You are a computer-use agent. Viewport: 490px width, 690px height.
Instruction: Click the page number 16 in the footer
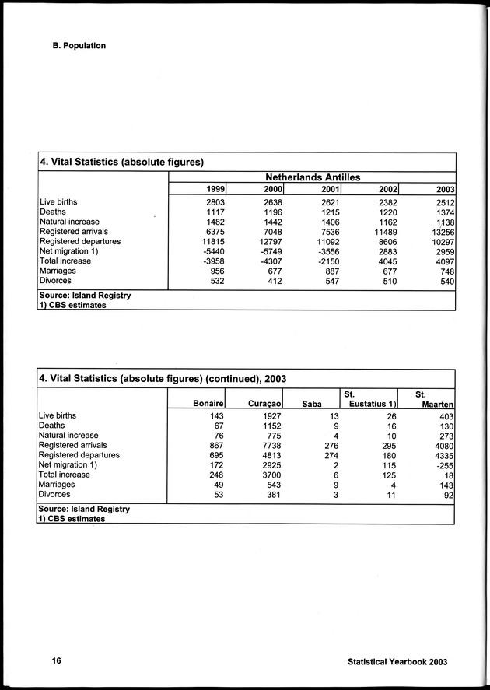click(56, 660)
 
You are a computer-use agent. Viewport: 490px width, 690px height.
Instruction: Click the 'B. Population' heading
click(74, 45)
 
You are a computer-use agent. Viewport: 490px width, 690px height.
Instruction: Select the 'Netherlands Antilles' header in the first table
click(313, 177)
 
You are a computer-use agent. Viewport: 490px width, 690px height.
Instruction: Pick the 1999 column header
click(215, 189)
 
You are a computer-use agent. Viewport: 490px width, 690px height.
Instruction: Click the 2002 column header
click(387, 189)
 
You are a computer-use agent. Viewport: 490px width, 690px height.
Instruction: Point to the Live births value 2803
click(214, 202)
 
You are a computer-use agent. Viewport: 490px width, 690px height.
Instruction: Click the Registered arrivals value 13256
click(441, 232)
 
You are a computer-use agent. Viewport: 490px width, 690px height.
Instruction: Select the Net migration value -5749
click(269, 251)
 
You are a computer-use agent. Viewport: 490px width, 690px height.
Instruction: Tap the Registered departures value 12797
click(269, 241)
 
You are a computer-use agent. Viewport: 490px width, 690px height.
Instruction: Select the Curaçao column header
click(264, 403)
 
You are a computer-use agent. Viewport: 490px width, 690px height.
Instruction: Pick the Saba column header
click(311, 403)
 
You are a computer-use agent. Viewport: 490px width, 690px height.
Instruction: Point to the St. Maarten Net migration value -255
click(443, 464)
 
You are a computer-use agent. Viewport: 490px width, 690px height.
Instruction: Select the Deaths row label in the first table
click(52, 212)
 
